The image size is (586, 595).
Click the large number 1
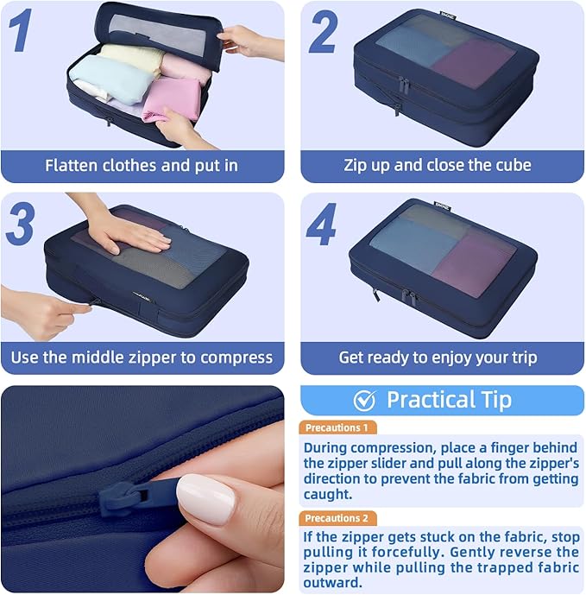pos(21,30)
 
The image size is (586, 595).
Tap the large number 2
pos(323,31)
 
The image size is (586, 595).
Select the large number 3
pos(21,224)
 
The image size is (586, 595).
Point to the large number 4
pos(321,225)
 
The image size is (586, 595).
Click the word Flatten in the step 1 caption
pos(71,166)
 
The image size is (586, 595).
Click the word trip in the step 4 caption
pos(525,358)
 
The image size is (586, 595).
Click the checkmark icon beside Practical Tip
pos(364,401)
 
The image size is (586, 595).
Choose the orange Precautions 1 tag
pos(337,427)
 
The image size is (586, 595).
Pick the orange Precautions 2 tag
pos(337,518)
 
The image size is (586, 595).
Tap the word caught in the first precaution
pos(327,494)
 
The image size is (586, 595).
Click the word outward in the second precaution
pos(332,582)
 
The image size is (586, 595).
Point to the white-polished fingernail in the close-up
pos(205,499)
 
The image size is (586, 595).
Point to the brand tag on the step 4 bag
pos(443,206)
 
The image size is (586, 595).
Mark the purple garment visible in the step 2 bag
pos(474,63)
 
